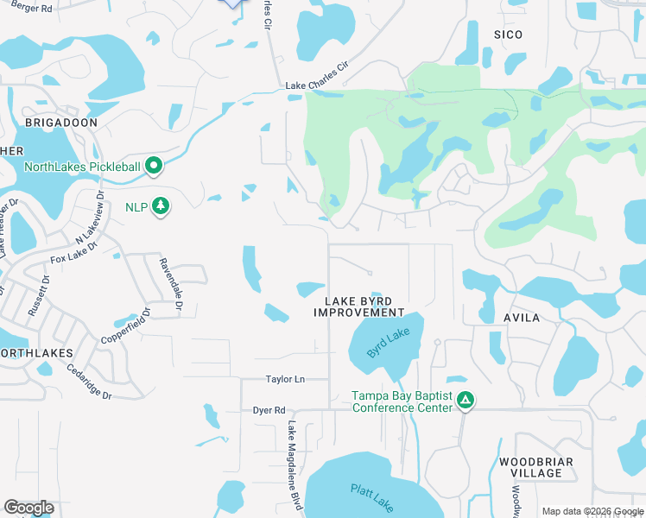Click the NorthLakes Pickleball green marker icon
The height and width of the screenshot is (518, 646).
(155, 165)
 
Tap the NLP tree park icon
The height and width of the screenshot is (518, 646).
(160, 206)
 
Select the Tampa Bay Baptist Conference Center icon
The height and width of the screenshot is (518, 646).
(465, 400)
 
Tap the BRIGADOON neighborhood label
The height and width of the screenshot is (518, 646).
(61, 123)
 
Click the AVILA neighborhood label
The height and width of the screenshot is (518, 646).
(522, 318)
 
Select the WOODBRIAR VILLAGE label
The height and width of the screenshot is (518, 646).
(535, 468)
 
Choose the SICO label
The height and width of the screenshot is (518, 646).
(509, 35)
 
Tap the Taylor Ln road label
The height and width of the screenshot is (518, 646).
(286, 379)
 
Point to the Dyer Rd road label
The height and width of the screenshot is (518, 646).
(269, 410)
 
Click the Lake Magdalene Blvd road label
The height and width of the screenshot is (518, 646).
(294, 464)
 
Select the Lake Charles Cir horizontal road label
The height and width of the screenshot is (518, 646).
(316, 87)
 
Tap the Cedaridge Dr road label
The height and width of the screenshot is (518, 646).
(89, 382)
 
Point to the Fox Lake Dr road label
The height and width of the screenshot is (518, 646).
(71, 256)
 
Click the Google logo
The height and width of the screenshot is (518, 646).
(29, 507)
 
